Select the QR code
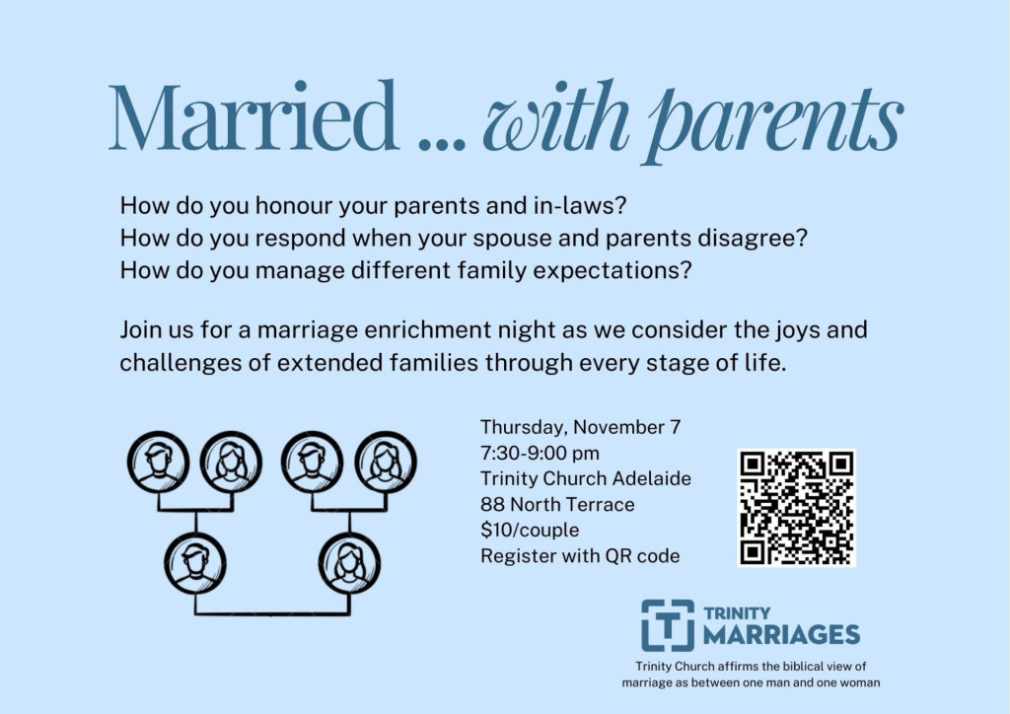[x=797, y=508]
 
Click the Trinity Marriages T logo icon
[x=668, y=626]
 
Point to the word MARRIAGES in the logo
[x=781, y=635]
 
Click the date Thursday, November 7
[x=580, y=427]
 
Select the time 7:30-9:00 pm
[x=540, y=454]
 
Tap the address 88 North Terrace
[x=557, y=504]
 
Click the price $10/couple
[x=530, y=530]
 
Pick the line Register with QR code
[x=580, y=555]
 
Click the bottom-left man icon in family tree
[x=195, y=564]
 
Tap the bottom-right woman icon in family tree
[x=349, y=564]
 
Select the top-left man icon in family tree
[x=159, y=463]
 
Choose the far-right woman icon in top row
[x=386, y=463]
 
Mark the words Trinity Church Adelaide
[x=586, y=478]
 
